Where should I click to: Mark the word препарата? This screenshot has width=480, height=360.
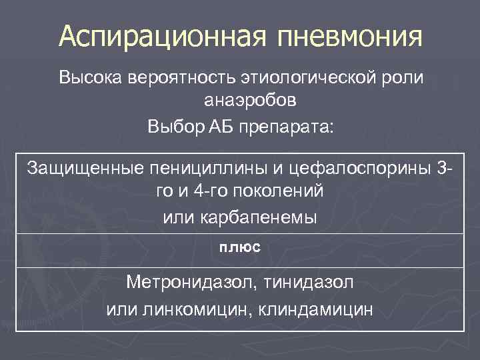pyautogui.click(x=288, y=125)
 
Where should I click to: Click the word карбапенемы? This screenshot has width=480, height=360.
pyautogui.click(x=265, y=216)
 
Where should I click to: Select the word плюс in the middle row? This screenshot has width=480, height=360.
pyautogui.click(x=240, y=247)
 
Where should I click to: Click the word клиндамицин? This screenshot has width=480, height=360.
pyautogui.click(x=319, y=309)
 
